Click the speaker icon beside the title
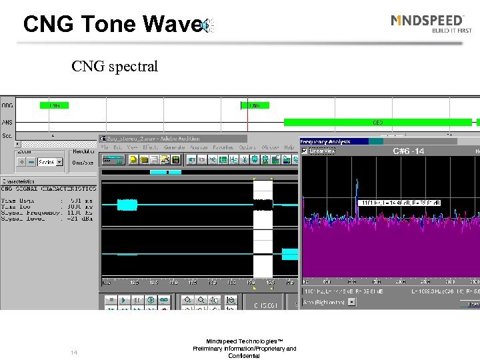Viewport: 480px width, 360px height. (209, 25)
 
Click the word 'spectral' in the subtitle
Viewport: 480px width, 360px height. (134, 67)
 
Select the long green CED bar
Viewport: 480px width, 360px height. (377, 123)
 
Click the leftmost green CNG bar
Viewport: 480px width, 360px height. (55, 105)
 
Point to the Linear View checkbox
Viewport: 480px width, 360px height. (306, 151)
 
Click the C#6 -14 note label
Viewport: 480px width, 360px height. (408, 151)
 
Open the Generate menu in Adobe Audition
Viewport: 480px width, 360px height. (174, 147)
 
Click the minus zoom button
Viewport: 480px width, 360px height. (32, 161)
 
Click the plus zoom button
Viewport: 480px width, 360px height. (22, 161)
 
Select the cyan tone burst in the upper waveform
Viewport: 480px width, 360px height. (127, 205)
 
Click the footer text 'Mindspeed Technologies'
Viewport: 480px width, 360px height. (244, 341)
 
